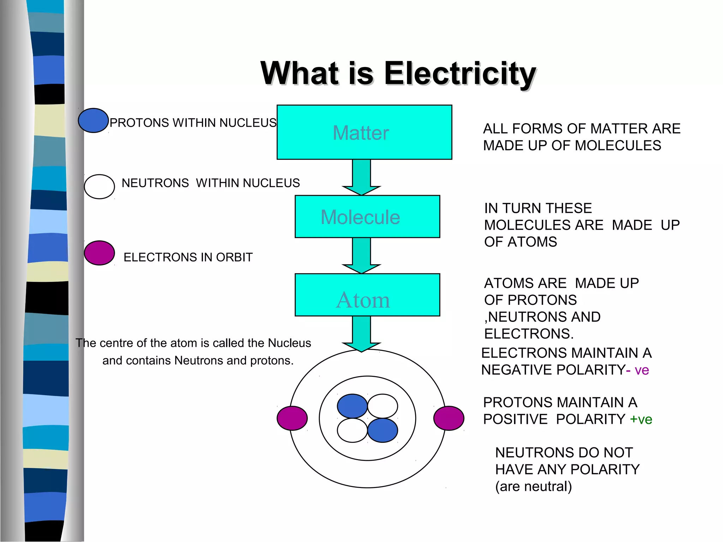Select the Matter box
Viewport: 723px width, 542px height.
pos(364,132)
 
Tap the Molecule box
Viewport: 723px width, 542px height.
pos(367,217)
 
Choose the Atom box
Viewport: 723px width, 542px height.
pos(367,295)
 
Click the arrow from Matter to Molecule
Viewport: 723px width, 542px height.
pos(361,176)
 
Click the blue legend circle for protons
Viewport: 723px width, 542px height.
pos(93,120)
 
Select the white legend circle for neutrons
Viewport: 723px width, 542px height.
pos(99,187)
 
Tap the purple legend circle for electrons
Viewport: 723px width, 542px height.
pos(99,253)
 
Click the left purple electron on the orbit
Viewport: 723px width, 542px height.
pos(292,418)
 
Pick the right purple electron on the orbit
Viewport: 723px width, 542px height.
pos(449,418)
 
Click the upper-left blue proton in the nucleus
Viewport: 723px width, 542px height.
pos(352,406)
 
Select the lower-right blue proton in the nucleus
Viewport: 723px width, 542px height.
pos(383,430)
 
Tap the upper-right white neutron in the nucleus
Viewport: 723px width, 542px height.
pos(383,406)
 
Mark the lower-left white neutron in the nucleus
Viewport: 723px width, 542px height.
pos(352,430)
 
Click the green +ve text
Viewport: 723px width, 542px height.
pos(641,420)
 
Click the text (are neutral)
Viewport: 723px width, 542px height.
pos(533,487)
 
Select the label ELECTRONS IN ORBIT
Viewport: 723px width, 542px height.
pos(188,257)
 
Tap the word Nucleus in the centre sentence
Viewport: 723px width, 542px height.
pos(289,343)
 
